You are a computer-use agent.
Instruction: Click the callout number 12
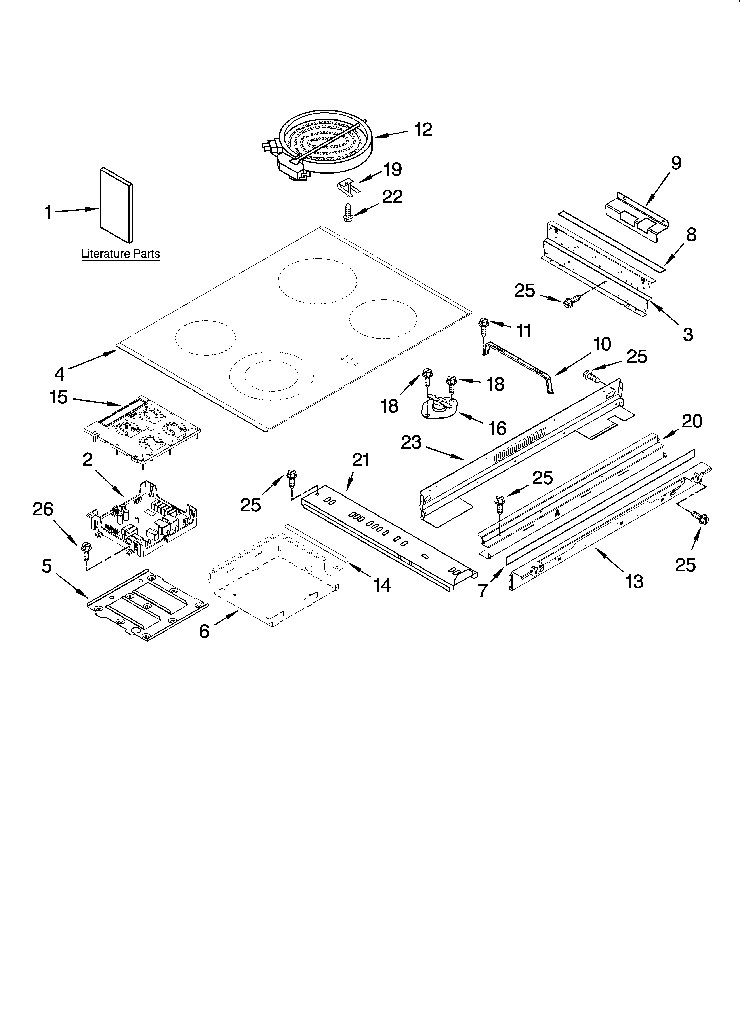423,130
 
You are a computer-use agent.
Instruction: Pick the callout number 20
692,421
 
